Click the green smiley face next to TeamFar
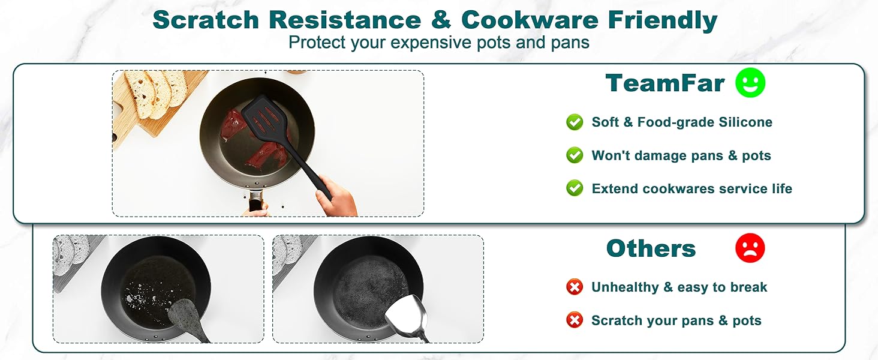[750, 83]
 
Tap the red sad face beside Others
[750, 248]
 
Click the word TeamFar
[664, 83]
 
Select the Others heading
[651, 248]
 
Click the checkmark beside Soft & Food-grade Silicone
[575, 122]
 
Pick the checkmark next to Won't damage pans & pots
[575, 155]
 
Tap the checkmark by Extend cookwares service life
[575, 188]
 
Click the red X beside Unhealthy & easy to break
[575, 287]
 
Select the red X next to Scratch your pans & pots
[575, 320]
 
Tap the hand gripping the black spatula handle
[336, 197]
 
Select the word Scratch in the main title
[206, 20]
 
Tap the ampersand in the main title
[441, 20]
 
